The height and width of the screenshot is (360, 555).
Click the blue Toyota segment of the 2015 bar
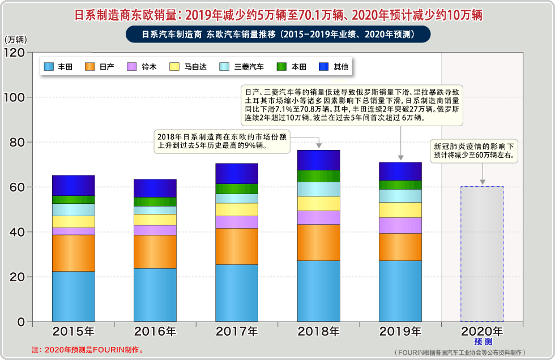tap(73, 296)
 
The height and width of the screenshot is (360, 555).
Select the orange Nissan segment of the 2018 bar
tap(318, 242)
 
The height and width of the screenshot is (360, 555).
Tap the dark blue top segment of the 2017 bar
tap(237, 173)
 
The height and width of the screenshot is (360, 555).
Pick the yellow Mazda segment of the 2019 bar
tap(400, 209)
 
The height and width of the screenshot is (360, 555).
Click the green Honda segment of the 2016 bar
tap(155, 202)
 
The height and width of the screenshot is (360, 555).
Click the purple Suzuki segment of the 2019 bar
tap(400, 225)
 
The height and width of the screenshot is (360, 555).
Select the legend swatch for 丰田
tap(49, 67)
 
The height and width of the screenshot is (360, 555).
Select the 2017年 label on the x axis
tap(237, 331)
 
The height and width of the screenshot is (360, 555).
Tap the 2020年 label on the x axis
tap(481, 331)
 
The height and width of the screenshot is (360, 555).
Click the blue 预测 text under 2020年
tap(483, 342)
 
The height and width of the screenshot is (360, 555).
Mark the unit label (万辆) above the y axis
tap(15, 40)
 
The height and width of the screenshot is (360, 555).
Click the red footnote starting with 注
tap(88, 350)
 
